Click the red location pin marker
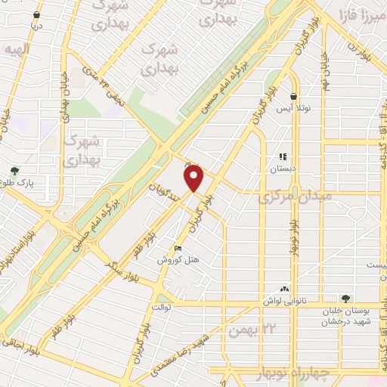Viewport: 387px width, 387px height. pos(194,179)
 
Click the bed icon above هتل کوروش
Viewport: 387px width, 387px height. pos(178,248)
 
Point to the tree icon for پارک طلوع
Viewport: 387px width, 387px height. pos(14,171)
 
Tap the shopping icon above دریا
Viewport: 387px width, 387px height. pos(36,14)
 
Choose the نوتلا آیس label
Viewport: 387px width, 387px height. pos(294,107)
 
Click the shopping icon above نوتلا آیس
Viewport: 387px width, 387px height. pos(294,96)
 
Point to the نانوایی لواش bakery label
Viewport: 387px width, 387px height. pos(286,299)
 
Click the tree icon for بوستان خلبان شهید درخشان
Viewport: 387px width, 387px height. pos(345,299)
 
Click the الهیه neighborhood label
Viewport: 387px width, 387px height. pos(14,49)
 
